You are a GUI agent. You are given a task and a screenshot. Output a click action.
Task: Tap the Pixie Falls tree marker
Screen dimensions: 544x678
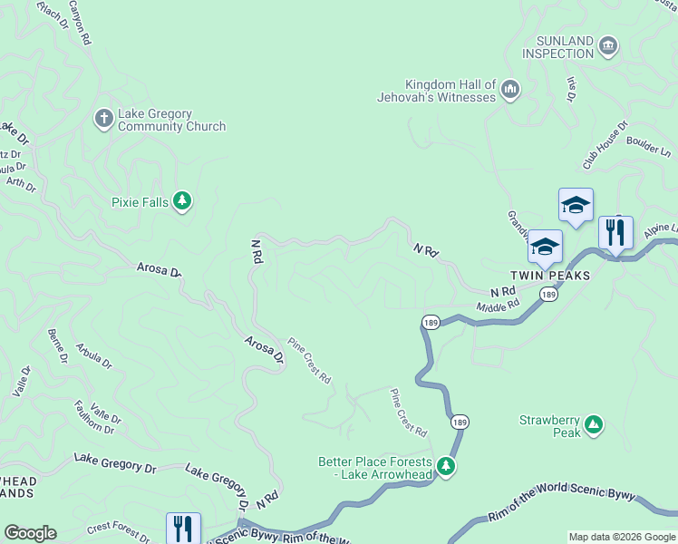click(182, 201)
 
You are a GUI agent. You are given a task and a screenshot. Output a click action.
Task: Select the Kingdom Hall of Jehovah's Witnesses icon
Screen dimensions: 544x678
click(509, 90)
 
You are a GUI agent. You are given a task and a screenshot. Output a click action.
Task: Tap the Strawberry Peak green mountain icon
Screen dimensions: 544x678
click(593, 424)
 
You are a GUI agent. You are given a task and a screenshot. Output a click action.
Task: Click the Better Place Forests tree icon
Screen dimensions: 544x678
click(445, 466)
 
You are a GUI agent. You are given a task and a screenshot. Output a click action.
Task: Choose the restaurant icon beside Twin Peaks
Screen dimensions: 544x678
click(615, 233)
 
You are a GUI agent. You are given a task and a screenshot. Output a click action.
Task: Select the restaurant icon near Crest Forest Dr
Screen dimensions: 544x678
click(183, 529)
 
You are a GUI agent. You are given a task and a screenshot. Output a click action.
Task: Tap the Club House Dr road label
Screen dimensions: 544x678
click(605, 145)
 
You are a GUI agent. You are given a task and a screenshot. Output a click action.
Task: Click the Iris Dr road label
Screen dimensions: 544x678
click(571, 89)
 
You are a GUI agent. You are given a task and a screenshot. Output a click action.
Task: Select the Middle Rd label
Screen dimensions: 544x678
click(498, 307)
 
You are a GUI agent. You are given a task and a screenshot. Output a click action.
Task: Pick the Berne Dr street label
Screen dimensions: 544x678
click(57, 346)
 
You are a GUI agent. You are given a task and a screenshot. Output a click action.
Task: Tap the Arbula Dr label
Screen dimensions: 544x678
click(94, 355)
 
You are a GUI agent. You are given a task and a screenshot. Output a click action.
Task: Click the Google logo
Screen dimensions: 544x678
click(30, 533)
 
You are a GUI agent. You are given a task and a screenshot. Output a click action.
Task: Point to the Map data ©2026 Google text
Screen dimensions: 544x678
click(621, 537)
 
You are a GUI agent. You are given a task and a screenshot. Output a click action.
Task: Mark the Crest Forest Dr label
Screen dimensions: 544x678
click(118, 531)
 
